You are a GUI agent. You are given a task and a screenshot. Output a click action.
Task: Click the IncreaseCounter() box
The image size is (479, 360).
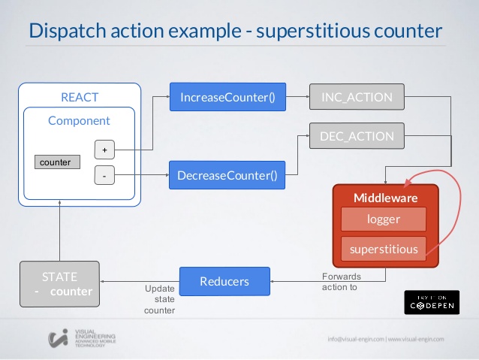coord(217,97)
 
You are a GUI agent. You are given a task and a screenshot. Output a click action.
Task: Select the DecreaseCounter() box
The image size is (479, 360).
coord(227,177)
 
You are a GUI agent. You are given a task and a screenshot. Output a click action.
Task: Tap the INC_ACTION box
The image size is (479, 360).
coord(357,97)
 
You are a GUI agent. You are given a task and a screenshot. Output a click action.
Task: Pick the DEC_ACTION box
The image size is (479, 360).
coord(357,137)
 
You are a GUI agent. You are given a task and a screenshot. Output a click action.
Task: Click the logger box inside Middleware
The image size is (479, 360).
coord(383,219)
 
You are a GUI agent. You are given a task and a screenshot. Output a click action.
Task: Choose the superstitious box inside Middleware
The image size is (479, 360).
coord(383,247)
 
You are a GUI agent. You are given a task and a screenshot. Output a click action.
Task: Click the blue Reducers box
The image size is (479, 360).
coord(224,281)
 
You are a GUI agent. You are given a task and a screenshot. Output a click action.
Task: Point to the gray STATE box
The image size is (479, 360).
coord(60,283)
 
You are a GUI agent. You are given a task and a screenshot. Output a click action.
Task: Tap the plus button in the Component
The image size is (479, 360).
coord(104,149)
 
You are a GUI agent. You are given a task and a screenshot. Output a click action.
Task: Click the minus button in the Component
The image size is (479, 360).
coord(104,177)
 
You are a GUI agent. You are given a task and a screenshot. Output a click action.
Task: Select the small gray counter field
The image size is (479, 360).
coord(58,162)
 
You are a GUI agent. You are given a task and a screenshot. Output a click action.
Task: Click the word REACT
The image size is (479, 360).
coord(80,98)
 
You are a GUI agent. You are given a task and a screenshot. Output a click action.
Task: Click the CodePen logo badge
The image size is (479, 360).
coord(432,301)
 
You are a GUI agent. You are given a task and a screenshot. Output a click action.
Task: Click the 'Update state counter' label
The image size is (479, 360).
coord(159,299)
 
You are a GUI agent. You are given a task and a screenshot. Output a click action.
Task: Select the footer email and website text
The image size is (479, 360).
coord(385,339)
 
